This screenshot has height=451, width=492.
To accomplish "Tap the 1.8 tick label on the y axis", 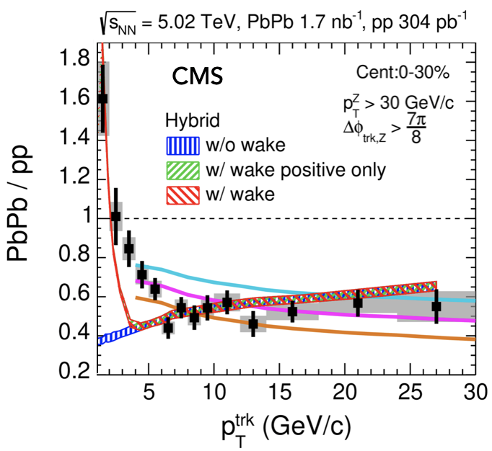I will point(74,55).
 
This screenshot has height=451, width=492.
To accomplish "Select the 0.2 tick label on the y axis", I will point(74,372).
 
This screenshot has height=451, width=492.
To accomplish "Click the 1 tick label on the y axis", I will point(84,218).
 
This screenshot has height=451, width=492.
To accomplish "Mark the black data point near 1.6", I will point(102,98).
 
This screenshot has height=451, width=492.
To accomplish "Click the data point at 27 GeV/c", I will point(436,306).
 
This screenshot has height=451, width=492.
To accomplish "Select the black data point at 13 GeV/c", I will point(253,324).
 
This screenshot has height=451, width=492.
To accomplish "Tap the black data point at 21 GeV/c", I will point(358,303).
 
